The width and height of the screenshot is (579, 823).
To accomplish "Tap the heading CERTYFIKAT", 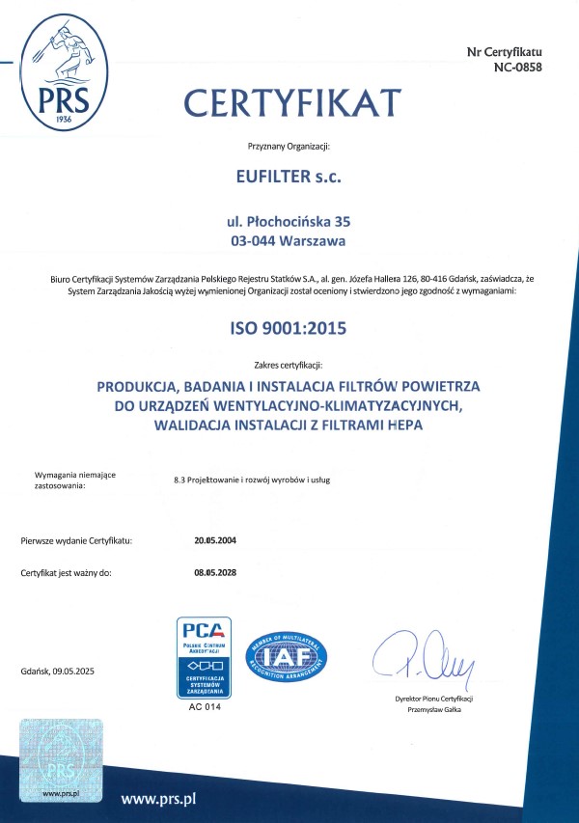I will click(x=291, y=100).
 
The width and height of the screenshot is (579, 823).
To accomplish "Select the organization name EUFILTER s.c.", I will click(x=289, y=177).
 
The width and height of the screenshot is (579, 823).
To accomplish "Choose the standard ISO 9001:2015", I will click(x=289, y=328).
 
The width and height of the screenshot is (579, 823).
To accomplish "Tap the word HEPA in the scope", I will click(x=403, y=425).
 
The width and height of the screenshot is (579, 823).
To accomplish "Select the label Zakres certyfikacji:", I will click(x=289, y=366).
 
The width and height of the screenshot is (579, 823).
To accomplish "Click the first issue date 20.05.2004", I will click(x=215, y=540).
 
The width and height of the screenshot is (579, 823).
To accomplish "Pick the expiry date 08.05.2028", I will click(x=215, y=573).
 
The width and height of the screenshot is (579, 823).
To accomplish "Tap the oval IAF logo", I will click(x=289, y=659).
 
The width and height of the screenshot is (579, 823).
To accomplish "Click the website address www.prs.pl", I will click(x=159, y=799).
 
